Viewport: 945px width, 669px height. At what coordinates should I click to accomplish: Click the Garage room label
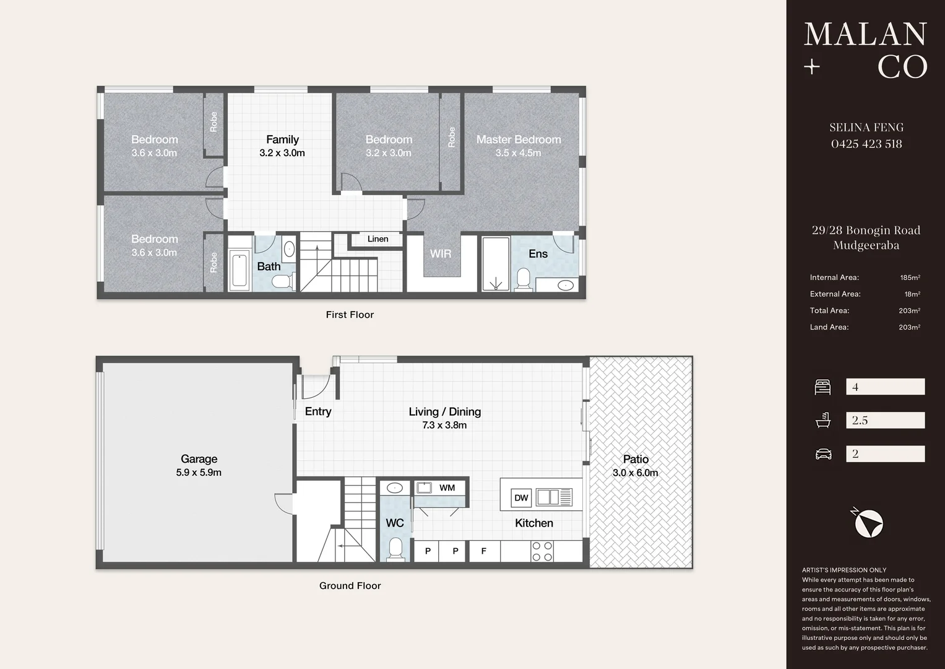(199, 458)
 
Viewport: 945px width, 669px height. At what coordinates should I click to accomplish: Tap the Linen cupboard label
(378, 239)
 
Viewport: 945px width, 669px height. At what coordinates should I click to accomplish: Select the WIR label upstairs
(441, 253)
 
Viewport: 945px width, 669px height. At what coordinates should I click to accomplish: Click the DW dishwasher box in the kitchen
(521, 497)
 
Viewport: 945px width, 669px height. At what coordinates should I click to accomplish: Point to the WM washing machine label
(447, 488)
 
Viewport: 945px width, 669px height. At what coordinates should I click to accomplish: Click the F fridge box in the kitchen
(484, 551)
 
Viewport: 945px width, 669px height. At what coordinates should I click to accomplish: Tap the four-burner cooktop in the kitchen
(542, 551)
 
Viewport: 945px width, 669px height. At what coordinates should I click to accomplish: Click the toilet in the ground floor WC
(395, 549)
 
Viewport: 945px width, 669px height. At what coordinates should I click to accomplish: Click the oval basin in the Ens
(565, 285)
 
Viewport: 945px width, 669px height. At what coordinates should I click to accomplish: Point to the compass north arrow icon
(867, 523)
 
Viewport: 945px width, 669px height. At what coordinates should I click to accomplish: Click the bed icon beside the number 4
(822, 387)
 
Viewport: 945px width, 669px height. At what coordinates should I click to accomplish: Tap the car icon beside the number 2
(823, 454)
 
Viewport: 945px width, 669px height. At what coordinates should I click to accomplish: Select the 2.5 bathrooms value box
(886, 420)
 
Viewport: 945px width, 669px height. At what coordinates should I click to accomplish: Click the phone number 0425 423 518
(866, 144)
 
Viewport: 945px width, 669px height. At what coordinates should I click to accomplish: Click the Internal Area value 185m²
(910, 278)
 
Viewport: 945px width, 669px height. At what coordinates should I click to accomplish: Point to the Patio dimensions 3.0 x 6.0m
(636, 473)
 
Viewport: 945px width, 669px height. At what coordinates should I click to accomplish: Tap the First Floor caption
(350, 315)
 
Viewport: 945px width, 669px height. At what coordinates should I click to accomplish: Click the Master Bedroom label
(519, 139)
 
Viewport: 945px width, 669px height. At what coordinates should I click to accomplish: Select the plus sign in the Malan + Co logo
(812, 67)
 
